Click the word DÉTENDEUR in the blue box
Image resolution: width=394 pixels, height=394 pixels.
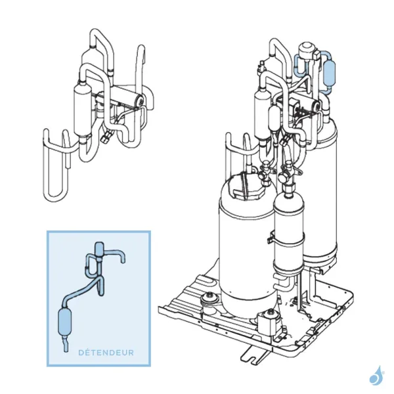point(106,353)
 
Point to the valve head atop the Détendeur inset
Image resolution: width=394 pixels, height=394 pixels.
point(100,248)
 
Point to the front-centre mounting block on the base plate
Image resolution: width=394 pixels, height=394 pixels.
point(267,321)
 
